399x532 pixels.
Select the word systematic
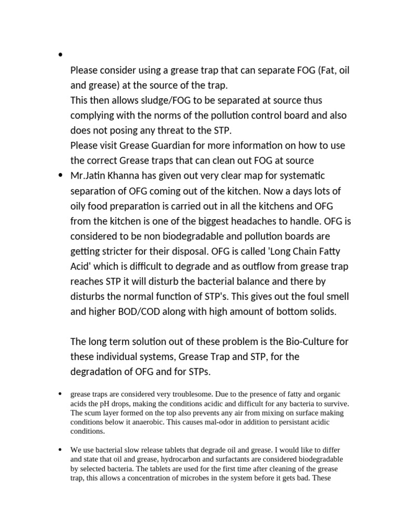[x=299, y=176]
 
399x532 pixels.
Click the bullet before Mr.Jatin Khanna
[x=61, y=176]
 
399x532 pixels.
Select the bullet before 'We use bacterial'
[x=61, y=449]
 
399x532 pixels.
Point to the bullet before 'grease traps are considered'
[x=61, y=395]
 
